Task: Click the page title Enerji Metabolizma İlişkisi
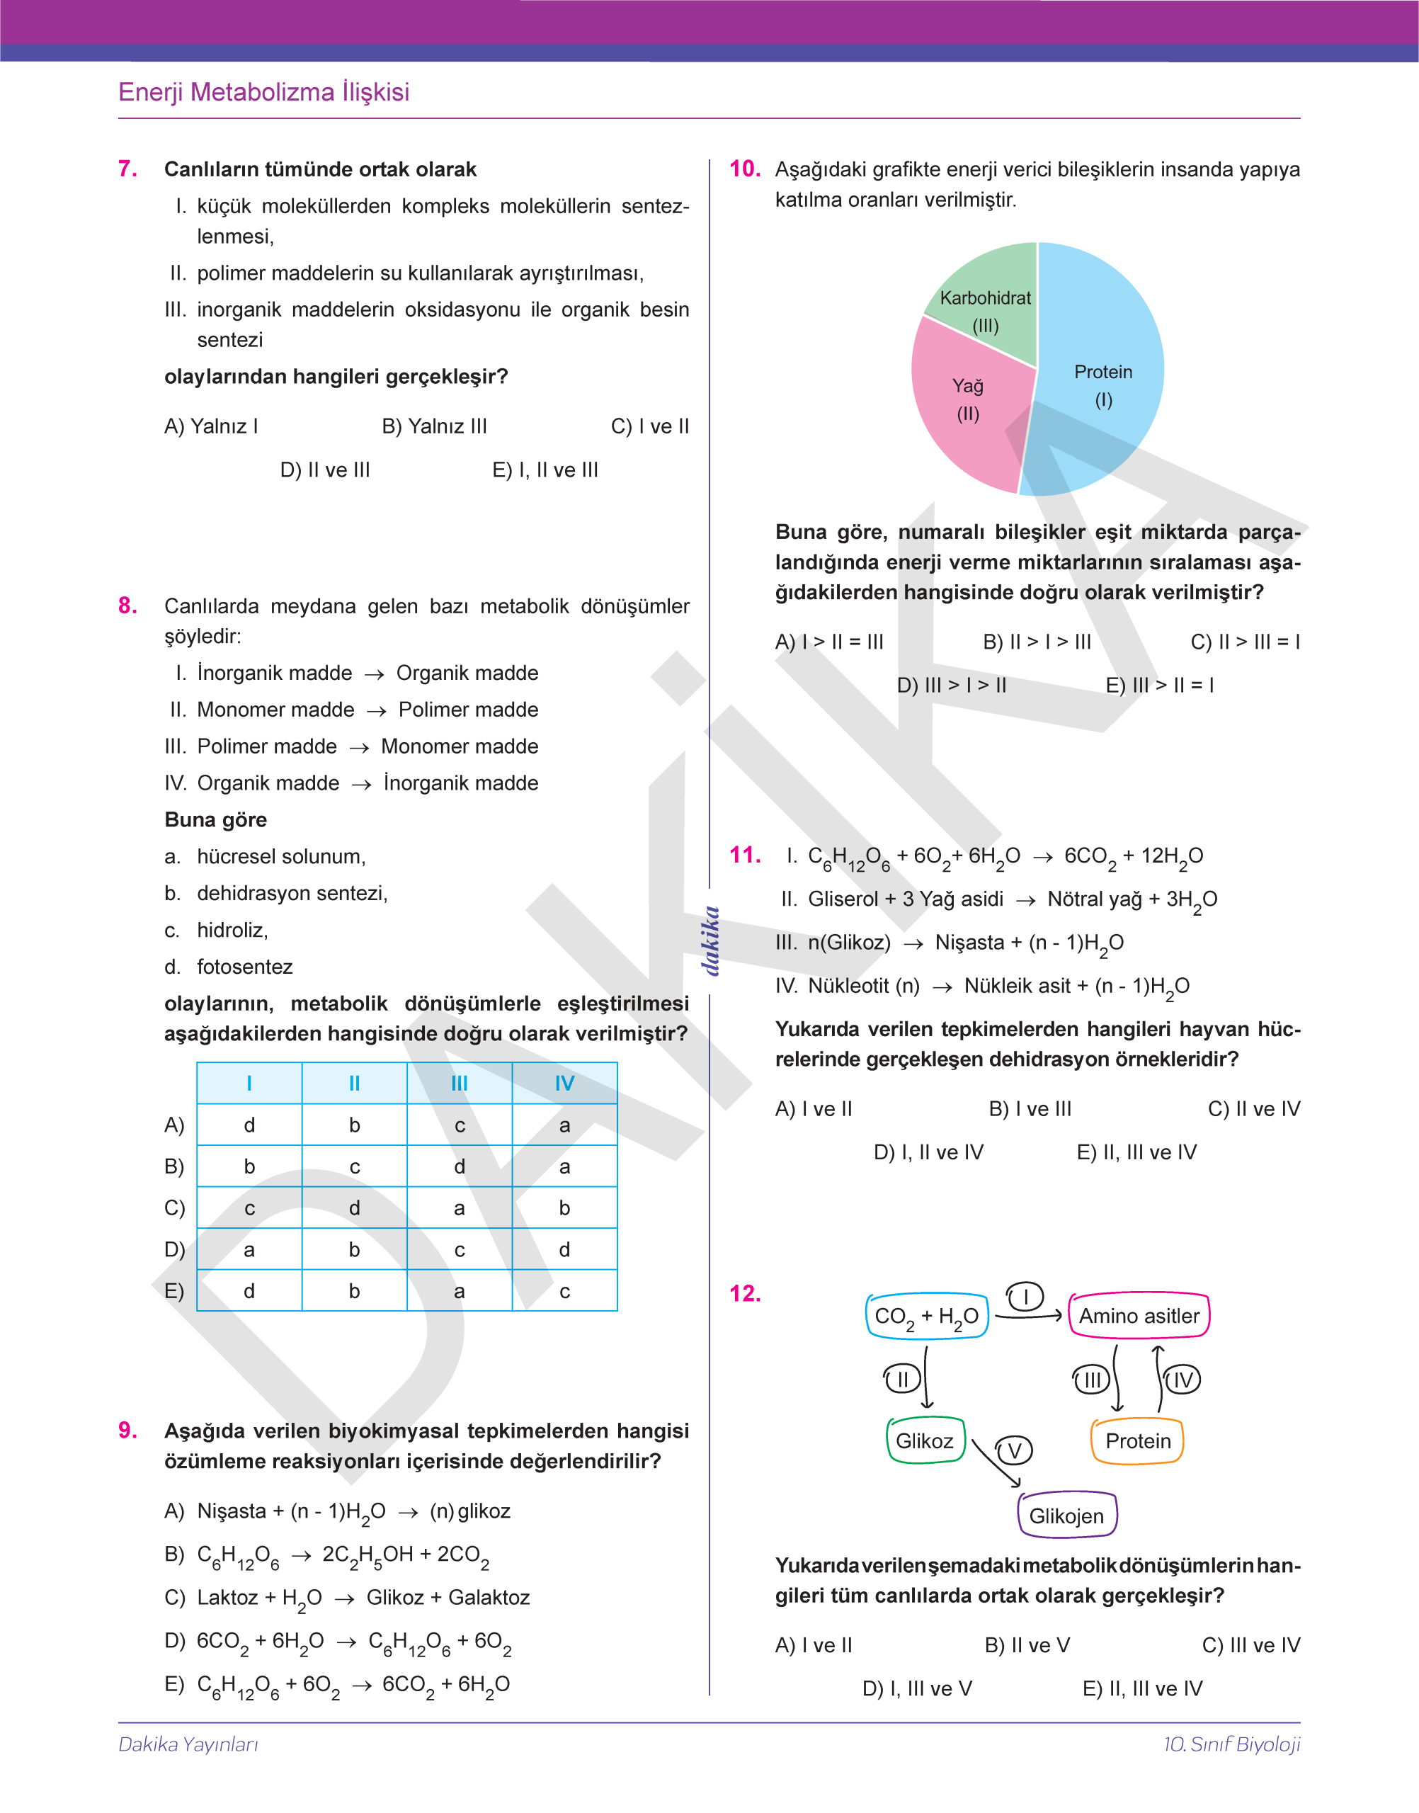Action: (x=263, y=92)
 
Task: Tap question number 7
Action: (x=127, y=169)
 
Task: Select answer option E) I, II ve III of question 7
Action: (x=545, y=470)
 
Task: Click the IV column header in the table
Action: (x=564, y=1084)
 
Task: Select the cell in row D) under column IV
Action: (x=564, y=1250)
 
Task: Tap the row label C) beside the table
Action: (x=174, y=1208)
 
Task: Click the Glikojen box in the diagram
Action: (x=1067, y=1516)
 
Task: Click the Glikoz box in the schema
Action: (x=925, y=1440)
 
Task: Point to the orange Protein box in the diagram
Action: (x=1137, y=1440)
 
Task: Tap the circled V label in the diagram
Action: (x=1015, y=1450)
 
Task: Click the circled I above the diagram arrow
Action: (x=1025, y=1297)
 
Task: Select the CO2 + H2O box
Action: (x=926, y=1316)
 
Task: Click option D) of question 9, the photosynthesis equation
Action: (x=337, y=1641)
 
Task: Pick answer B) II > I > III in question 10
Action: (x=1036, y=642)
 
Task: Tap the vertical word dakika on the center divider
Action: (x=711, y=940)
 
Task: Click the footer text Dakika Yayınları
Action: (x=188, y=1744)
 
